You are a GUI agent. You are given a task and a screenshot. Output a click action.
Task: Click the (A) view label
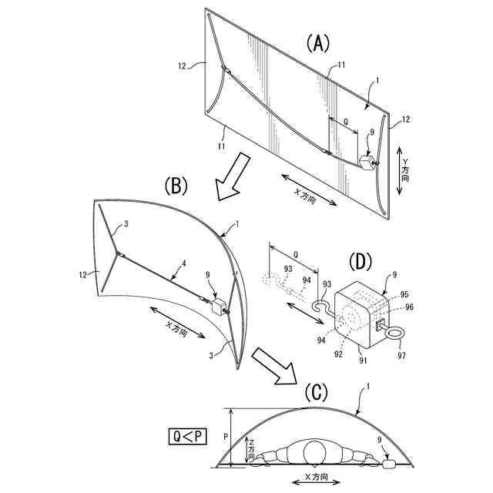coord(317,44)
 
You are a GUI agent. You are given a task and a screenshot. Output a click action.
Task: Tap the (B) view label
coord(176,186)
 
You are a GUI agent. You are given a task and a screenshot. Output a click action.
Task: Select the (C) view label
coord(317,392)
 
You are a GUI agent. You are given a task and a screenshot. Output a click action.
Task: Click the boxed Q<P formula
coord(189,437)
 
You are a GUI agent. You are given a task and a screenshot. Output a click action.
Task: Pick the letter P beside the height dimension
coord(225,436)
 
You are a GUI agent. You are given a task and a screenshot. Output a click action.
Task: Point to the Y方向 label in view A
coord(404,166)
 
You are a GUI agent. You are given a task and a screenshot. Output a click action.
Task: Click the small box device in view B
coord(219,306)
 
